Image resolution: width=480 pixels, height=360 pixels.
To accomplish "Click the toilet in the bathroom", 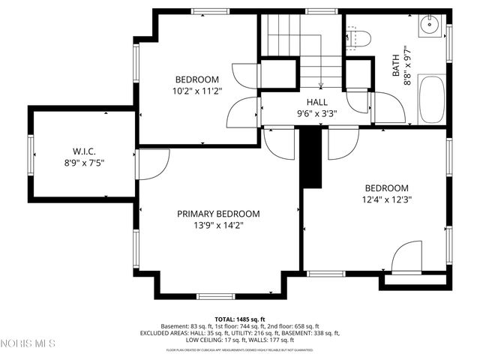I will click(359, 38).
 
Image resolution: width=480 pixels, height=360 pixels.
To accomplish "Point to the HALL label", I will click(316, 102).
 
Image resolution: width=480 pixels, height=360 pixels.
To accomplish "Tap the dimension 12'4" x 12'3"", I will click(386, 199).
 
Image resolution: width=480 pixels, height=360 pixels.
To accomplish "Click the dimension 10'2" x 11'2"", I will click(197, 91).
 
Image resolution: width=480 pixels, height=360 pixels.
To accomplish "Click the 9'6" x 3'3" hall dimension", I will click(316, 114).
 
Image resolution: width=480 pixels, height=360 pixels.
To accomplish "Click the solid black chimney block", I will click(310, 159).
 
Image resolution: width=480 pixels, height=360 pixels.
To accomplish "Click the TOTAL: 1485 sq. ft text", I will click(240, 319).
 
